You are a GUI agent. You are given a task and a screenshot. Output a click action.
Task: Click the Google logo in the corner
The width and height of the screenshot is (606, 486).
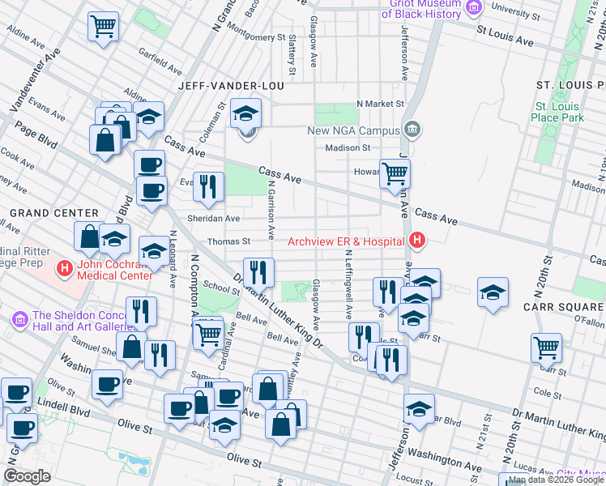click(x=27, y=476)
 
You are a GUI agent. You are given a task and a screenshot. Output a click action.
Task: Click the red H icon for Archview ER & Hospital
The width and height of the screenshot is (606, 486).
click(x=417, y=241)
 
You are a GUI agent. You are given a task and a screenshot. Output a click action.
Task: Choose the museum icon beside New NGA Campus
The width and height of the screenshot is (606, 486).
click(x=412, y=130)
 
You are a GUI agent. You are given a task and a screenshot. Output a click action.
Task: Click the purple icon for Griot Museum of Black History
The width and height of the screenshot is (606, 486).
click(x=472, y=7)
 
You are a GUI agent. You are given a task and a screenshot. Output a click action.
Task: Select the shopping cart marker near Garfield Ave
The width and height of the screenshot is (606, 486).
click(x=103, y=27)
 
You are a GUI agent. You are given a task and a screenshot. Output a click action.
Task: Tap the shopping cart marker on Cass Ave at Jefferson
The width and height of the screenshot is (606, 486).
click(x=395, y=173)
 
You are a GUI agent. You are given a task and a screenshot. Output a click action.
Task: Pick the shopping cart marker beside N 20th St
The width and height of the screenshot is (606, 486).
click(x=547, y=348)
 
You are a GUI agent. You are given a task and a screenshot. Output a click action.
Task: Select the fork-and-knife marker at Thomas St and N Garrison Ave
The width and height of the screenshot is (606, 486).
click(x=258, y=272)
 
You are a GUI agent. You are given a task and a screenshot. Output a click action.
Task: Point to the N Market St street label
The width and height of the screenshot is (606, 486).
click(x=380, y=104)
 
